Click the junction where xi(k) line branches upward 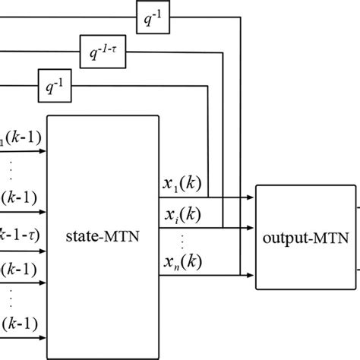[x=223, y=226]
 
